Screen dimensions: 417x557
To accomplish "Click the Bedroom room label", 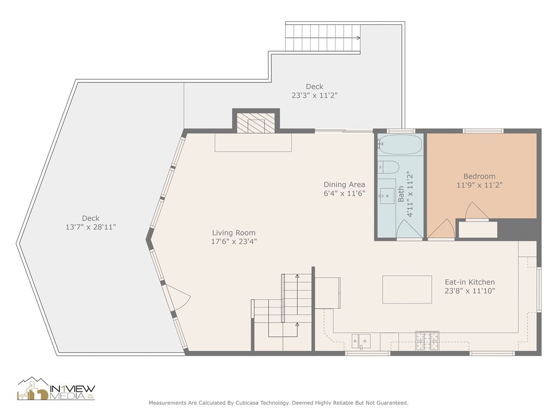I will coord(479,176).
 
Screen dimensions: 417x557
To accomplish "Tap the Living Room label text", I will coord(234,233).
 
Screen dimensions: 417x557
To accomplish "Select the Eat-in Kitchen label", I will coord(469,282).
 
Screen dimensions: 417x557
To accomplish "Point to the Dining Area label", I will coord(344,184).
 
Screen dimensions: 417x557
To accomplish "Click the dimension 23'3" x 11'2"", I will coord(314,95).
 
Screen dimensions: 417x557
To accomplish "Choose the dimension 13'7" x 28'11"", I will coord(91,226).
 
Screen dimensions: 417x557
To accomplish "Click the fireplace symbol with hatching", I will coord(256,123).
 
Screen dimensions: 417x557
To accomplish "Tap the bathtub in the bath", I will coord(400,145).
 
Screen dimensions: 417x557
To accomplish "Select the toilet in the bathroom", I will coord(388,167).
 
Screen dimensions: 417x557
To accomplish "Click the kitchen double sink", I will coord(361,340).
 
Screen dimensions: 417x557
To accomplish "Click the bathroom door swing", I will coord(409,230).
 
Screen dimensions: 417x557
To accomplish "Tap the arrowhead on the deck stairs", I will coord(358,38).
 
